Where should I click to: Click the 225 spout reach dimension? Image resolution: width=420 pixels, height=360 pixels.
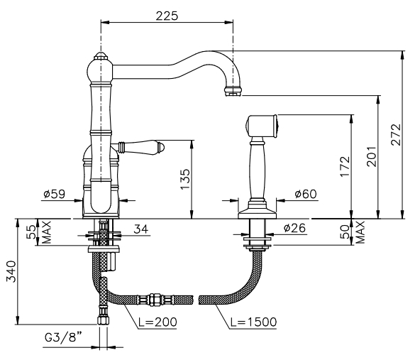[167, 16]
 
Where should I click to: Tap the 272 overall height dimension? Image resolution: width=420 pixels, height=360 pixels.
[396, 135]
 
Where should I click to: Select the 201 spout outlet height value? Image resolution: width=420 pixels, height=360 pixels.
[372, 156]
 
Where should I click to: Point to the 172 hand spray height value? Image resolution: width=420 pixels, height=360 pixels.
[345, 166]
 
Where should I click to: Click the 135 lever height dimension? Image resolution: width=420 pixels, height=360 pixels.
[185, 179]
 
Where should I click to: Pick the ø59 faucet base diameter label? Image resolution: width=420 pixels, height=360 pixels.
[54, 194]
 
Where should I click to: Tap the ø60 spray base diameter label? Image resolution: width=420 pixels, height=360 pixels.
[306, 194]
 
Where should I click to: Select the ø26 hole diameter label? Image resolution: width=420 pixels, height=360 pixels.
[294, 228]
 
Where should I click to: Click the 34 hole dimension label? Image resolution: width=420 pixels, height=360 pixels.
[141, 229]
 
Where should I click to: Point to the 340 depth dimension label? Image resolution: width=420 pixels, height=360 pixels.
[11, 271]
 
